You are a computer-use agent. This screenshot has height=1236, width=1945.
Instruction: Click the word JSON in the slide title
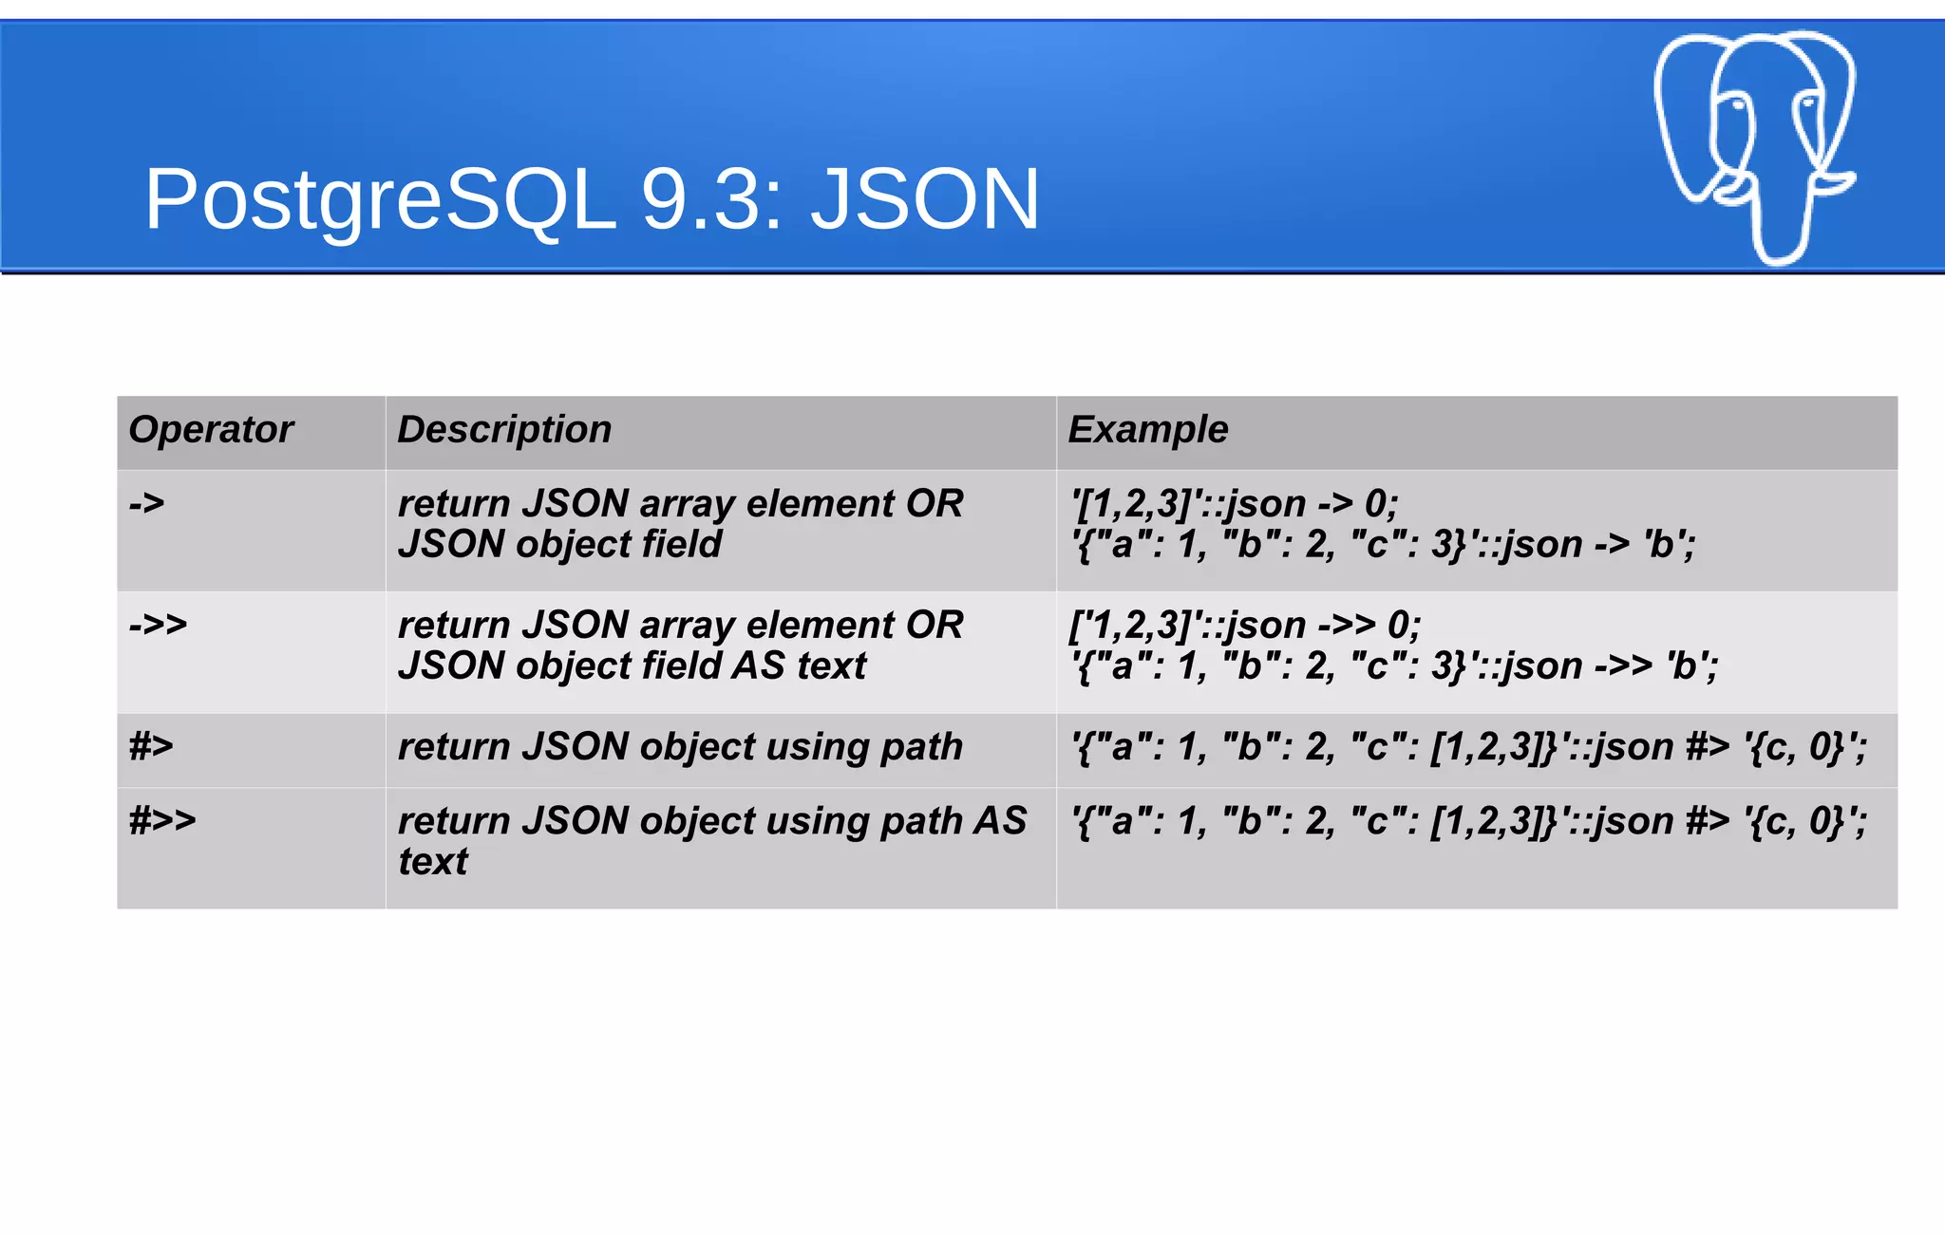(925, 199)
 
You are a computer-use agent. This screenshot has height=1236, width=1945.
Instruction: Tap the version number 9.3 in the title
(711, 199)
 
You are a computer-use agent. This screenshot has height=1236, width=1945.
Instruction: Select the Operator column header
(211, 429)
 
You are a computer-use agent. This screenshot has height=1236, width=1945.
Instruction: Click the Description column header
(504, 429)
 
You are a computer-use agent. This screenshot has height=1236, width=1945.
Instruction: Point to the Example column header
(1148, 429)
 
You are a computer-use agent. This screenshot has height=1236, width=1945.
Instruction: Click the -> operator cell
(147, 503)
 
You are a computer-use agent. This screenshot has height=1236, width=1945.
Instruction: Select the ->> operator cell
(159, 625)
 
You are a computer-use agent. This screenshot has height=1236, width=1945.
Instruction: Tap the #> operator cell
(152, 746)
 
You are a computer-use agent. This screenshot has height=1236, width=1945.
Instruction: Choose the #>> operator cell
(162, 820)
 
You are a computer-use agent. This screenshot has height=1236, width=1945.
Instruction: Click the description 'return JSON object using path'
(680, 746)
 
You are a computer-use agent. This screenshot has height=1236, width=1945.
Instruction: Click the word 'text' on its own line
(433, 862)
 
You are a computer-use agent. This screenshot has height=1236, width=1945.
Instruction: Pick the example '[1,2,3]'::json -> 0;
(1234, 503)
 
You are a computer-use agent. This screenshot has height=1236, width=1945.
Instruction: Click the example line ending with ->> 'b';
(1393, 666)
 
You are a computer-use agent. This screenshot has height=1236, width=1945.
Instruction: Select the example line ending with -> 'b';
(1383, 545)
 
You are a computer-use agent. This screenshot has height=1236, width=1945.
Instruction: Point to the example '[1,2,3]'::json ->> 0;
(1244, 625)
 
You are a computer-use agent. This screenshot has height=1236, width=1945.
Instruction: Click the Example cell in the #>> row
(1468, 821)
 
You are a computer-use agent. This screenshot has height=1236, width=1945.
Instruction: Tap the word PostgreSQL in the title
(380, 199)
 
